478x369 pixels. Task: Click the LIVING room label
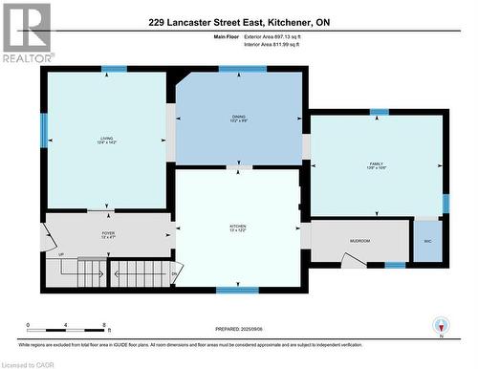(x=106, y=141)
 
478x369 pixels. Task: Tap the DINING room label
(x=239, y=119)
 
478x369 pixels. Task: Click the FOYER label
(x=109, y=234)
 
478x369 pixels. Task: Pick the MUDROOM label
(x=359, y=241)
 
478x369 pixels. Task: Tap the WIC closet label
(x=426, y=241)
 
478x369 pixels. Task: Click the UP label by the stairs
(x=61, y=255)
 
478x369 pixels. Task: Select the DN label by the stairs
(x=174, y=273)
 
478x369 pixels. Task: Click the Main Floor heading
(x=226, y=36)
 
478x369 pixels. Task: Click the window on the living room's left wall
(x=44, y=131)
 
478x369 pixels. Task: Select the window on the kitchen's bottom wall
(x=237, y=290)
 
